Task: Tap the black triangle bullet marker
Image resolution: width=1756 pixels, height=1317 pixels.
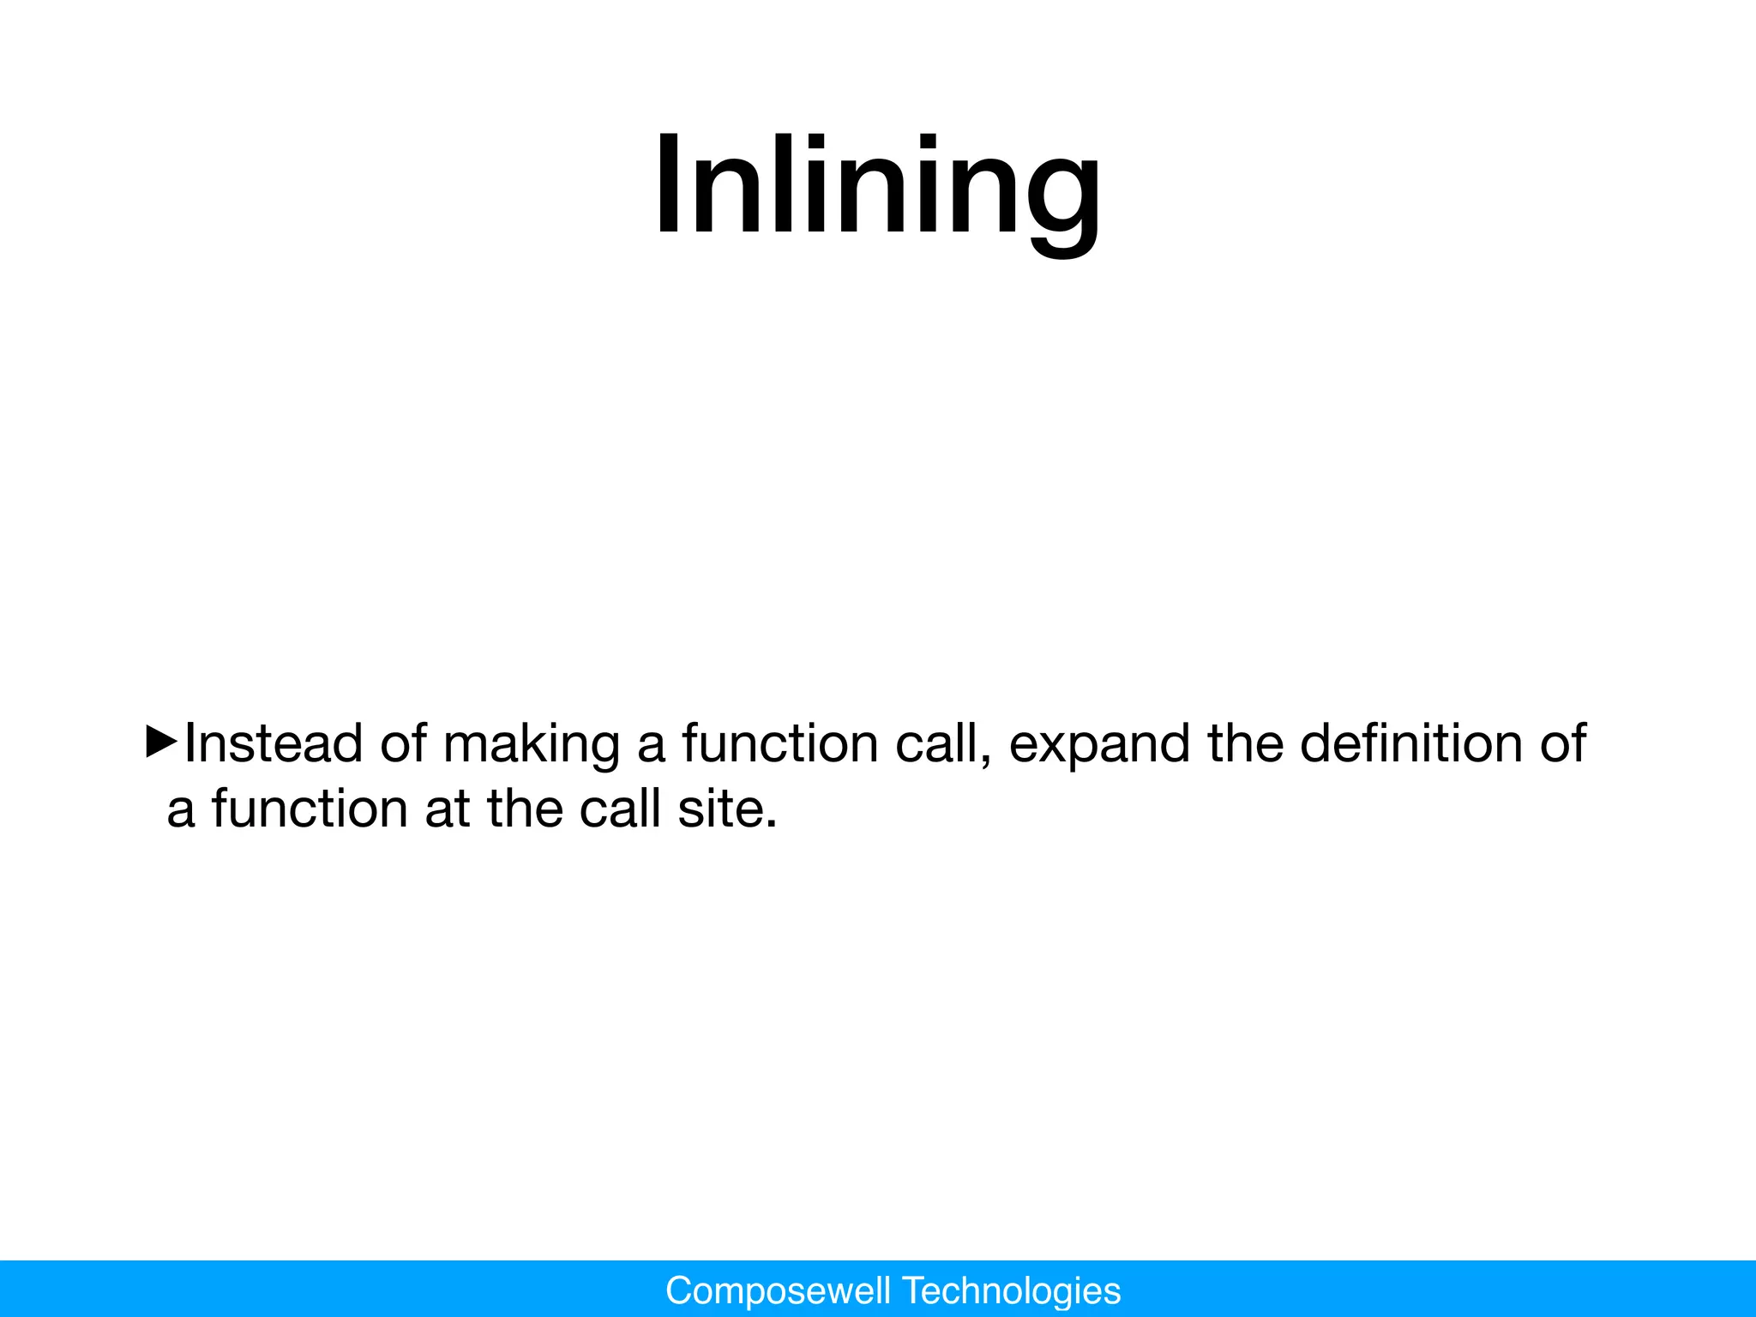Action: (161, 741)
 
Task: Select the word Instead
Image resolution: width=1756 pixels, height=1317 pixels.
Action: (274, 743)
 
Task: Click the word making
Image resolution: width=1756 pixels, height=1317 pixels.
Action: (532, 744)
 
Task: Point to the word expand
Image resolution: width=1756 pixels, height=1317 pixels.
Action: (1099, 744)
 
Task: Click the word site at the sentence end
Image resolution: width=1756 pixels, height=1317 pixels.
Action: (727, 809)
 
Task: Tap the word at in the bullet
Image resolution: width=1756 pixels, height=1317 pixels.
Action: (448, 809)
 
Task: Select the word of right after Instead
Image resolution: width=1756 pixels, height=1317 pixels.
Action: (404, 743)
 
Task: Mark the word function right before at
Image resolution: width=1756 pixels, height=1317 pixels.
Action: (310, 809)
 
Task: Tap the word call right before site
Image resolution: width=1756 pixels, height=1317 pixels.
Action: (619, 809)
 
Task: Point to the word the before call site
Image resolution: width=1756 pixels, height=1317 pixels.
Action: (525, 809)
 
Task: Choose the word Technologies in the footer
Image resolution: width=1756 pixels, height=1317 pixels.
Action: (1013, 1290)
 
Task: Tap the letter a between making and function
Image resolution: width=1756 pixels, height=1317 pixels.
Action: (651, 744)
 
